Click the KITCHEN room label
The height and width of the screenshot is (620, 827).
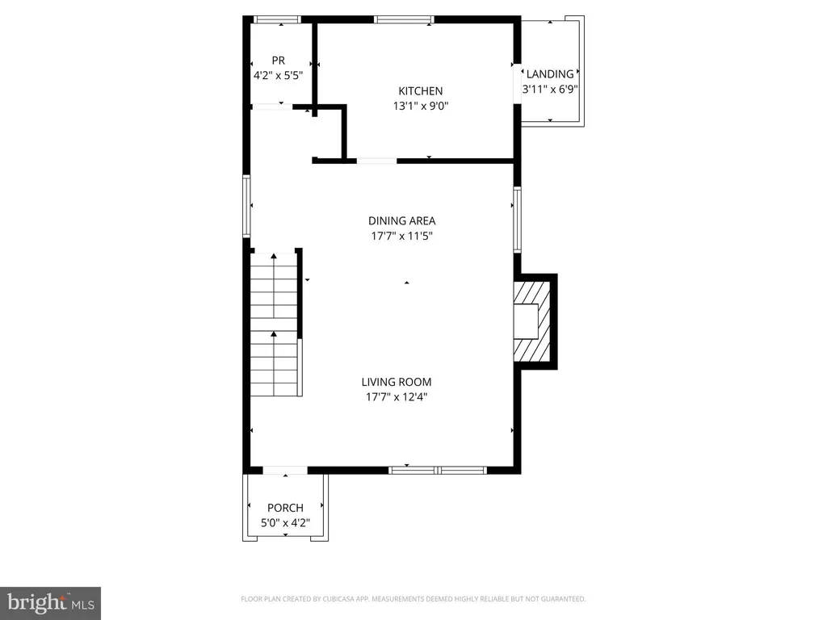tap(420, 91)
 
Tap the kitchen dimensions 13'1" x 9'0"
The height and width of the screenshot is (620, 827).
tap(420, 106)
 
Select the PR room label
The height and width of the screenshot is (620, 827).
tap(279, 61)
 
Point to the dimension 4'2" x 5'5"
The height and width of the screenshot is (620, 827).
tap(279, 75)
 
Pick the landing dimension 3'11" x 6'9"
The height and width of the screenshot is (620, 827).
tap(549, 90)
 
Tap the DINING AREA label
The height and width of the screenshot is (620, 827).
tap(401, 220)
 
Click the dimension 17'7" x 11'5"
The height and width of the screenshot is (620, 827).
tap(401, 236)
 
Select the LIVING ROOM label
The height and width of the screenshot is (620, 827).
tap(396, 382)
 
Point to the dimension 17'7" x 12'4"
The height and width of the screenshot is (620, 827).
tap(396, 396)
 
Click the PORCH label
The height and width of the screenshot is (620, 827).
tap(285, 508)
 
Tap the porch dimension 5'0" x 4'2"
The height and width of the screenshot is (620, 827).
tap(285, 522)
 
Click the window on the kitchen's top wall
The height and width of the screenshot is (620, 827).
tap(404, 19)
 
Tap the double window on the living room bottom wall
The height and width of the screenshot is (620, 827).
tap(437, 469)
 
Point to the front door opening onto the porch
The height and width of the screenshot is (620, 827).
tap(285, 470)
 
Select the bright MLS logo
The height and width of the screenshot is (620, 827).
tap(50, 602)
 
